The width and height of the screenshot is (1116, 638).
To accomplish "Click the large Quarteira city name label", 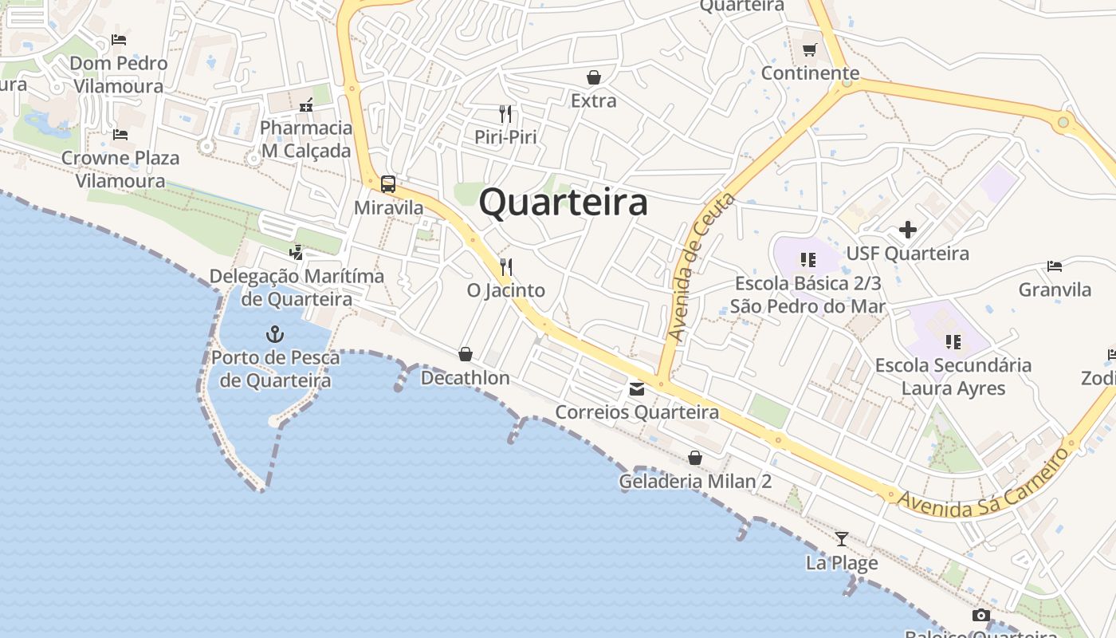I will pos(563,203).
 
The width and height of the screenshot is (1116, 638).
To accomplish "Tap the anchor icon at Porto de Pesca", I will pos(275,333).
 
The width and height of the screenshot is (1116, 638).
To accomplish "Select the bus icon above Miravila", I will pos(388,184).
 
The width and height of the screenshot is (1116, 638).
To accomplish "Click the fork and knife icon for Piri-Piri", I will pos(505,113).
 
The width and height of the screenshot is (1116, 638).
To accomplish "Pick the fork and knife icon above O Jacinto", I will pos(505,266).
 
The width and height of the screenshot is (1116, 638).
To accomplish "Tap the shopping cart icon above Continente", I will pos(810,50).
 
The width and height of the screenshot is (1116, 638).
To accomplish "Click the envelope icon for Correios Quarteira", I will pos(637,389).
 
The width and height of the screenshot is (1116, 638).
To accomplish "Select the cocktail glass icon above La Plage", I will pos(842,539).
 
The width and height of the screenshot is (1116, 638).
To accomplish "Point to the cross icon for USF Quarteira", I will pos(907,230).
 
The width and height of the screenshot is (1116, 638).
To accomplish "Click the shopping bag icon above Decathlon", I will pos(466,354).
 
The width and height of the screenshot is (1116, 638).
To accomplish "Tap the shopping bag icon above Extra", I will pos(593,77).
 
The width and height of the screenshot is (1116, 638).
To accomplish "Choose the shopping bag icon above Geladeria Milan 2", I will pos(695,458).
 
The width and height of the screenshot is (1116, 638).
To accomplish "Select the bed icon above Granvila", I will pos(1055,266).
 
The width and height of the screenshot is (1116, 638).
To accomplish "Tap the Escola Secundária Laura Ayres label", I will pos(953,376).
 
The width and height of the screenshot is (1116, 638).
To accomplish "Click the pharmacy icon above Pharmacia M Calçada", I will pos(306,105).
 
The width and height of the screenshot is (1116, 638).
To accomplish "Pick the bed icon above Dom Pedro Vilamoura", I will pos(119,40).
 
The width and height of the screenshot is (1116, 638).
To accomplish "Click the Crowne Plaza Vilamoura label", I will pos(120,169).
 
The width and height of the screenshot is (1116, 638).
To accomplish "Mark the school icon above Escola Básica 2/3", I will pos(808,260).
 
